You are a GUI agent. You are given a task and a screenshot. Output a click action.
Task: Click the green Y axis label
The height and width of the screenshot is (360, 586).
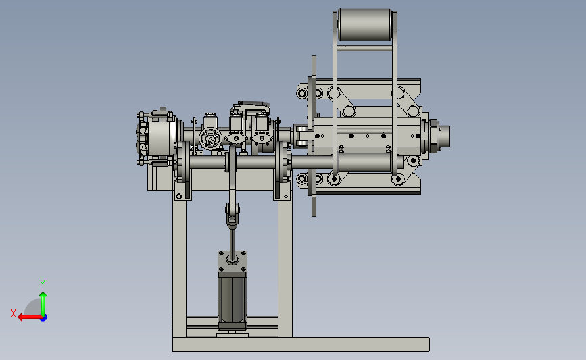point(43,284)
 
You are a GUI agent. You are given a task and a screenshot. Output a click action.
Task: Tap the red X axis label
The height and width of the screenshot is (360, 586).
point(14,313)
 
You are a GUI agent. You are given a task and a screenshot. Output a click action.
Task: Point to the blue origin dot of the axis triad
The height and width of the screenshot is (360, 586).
point(44,317)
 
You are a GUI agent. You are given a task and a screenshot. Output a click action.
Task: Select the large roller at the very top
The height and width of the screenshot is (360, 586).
point(365,24)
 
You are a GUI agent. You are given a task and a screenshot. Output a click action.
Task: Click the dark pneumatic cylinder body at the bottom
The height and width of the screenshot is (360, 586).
point(233,301)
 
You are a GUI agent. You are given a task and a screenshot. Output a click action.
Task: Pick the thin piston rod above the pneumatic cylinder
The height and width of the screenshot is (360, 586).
point(233,243)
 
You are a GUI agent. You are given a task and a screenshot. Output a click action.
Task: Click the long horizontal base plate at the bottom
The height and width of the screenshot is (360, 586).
point(301,344)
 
